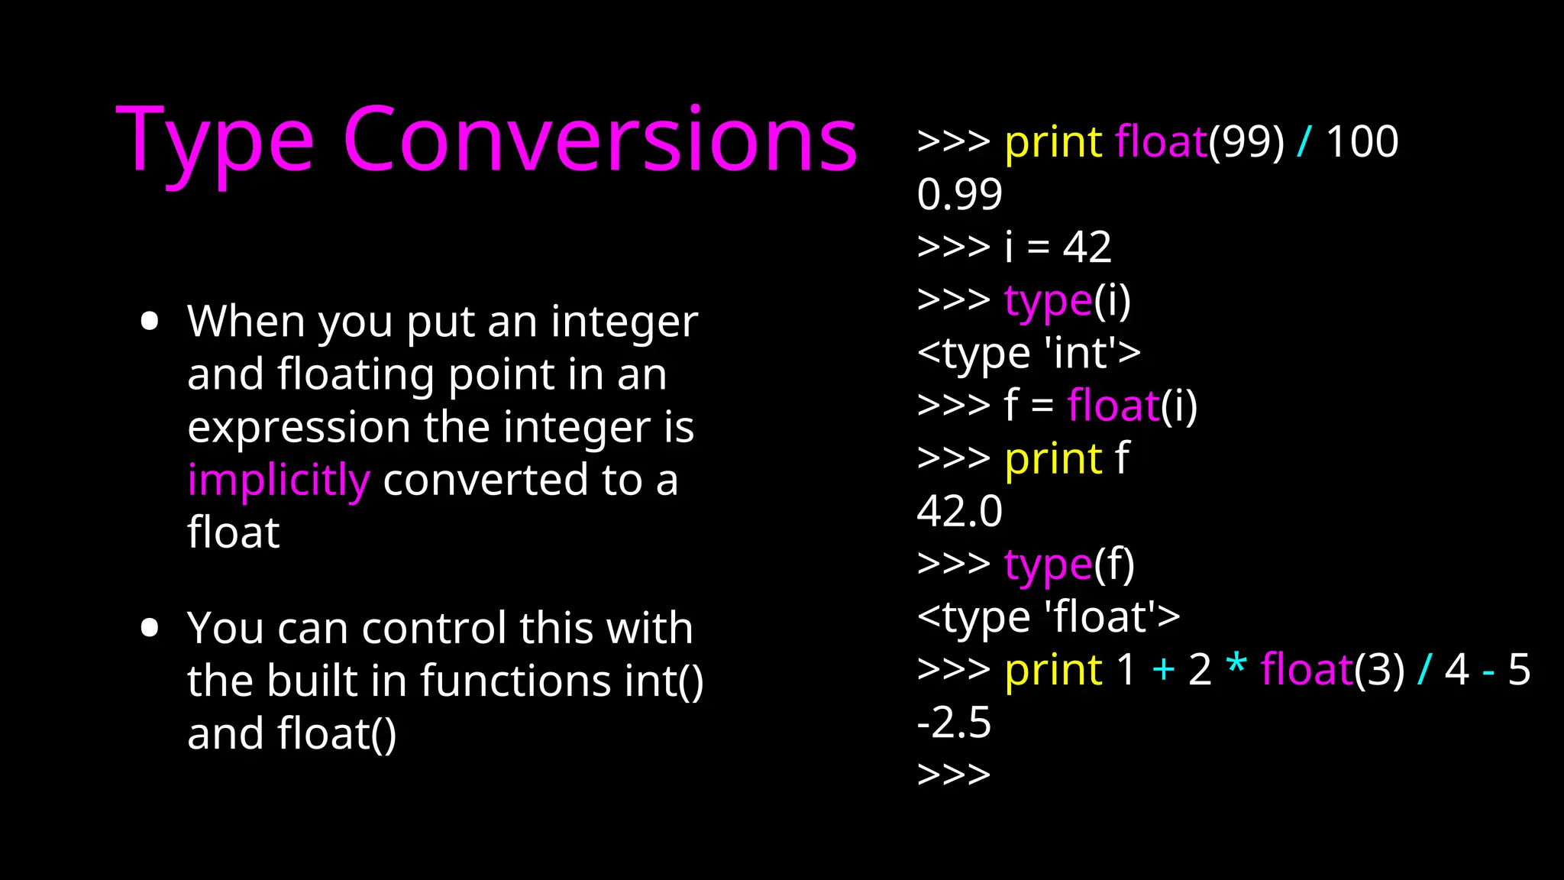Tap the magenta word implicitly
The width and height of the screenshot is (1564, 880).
coord(279,480)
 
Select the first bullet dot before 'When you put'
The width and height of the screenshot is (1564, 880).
coord(150,321)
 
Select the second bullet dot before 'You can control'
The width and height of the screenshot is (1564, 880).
coord(150,628)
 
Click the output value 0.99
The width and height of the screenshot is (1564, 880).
coord(959,194)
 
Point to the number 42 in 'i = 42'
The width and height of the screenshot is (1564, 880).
coord(1087,247)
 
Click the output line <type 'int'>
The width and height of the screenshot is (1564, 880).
coord(1029,353)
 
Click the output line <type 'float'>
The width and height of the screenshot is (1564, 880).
coord(1048,617)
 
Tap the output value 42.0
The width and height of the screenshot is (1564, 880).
coord(959,511)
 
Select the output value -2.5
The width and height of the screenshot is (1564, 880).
coord(954,723)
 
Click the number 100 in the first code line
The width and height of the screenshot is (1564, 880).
coord(1362,142)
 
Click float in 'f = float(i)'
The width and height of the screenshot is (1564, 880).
coord(1113,406)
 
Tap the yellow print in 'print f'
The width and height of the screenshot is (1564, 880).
coord(1053,460)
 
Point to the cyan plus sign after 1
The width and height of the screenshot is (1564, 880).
coord(1163,670)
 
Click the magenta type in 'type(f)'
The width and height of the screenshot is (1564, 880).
coord(1048,565)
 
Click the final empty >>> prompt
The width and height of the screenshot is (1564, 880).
coord(954,775)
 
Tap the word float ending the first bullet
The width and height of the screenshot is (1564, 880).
coord(234,532)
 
